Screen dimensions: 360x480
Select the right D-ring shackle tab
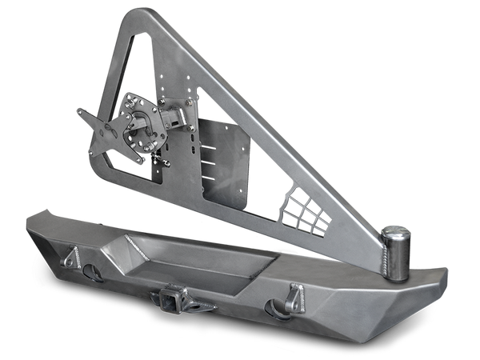click(x=295, y=297)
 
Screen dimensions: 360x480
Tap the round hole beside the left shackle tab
click(x=95, y=271)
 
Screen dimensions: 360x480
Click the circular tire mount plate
click(x=134, y=133)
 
